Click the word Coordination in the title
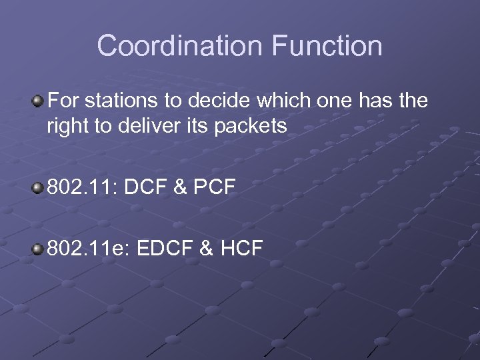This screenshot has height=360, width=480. [x=179, y=46]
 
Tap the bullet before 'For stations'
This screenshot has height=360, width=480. [x=38, y=101]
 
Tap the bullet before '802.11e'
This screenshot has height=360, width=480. [x=38, y=249]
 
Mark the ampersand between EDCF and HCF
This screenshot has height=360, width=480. [x=207, y=249]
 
